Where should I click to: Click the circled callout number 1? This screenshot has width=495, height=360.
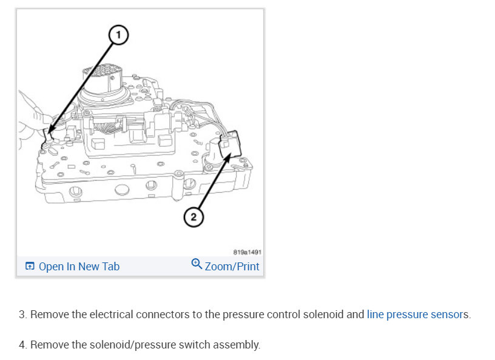pos(118,36)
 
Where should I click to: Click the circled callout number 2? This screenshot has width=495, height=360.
pos(193,217)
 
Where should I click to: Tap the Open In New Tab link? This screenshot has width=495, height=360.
pos(79,266)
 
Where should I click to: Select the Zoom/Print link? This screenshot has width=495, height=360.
pos(232,266)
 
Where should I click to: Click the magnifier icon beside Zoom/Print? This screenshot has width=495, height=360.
pos(197,264)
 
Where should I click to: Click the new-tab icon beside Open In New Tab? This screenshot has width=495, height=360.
pos(30,266)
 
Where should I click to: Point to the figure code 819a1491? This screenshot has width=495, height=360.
pos(247,252)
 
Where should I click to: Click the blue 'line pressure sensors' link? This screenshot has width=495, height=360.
pos(417,315)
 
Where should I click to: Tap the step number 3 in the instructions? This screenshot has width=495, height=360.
pos(22,315)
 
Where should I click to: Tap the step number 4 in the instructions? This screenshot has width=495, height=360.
pos(22,345)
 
